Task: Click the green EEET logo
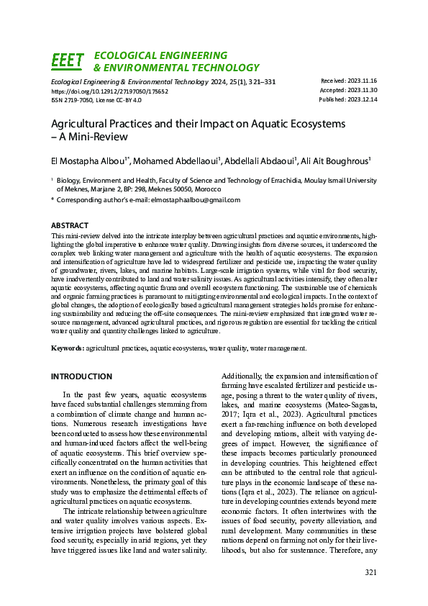coord(68,61)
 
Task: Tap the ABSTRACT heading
coord(70,225)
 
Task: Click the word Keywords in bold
coord(67,348)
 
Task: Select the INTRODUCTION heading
coord(81,376)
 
